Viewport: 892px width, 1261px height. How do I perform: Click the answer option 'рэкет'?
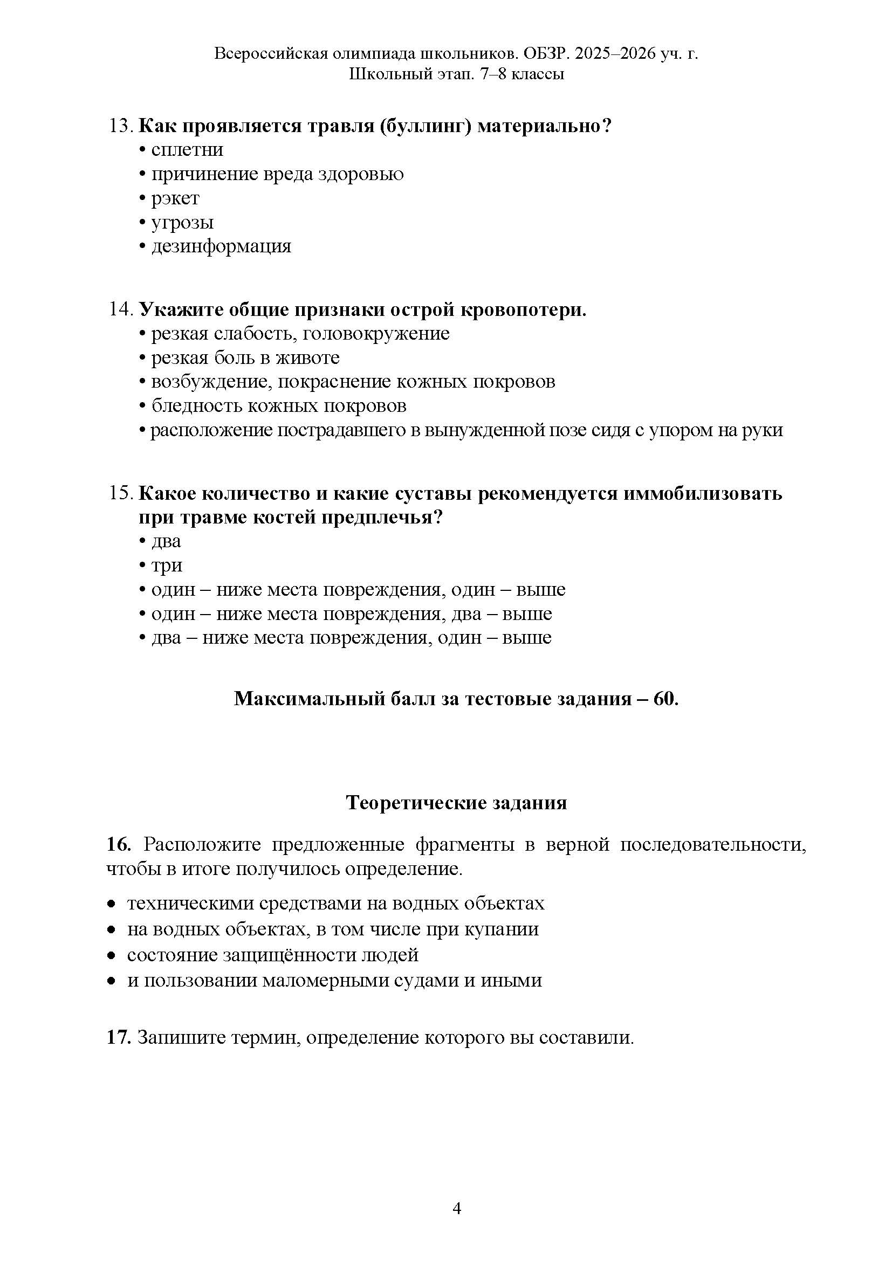[175, 198]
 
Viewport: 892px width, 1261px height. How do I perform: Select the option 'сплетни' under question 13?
[187, 150]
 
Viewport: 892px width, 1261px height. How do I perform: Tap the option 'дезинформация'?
[221, 246]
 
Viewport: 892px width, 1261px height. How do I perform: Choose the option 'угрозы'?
[182, 223]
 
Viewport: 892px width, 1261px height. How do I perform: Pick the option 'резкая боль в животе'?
[245, 358]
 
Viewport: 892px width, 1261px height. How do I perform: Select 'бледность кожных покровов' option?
[279, 406]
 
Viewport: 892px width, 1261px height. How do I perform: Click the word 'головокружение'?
[376, 334]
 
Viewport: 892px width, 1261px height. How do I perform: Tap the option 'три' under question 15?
[167, 566]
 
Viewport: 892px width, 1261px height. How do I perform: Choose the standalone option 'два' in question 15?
[166, 541]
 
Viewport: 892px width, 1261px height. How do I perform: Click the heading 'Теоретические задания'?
[456, 803]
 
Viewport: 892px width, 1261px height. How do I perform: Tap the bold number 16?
[118, 844]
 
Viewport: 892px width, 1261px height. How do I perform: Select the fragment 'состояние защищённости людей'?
[272, 955]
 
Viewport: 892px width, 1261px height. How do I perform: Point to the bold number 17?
[118, 1038]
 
